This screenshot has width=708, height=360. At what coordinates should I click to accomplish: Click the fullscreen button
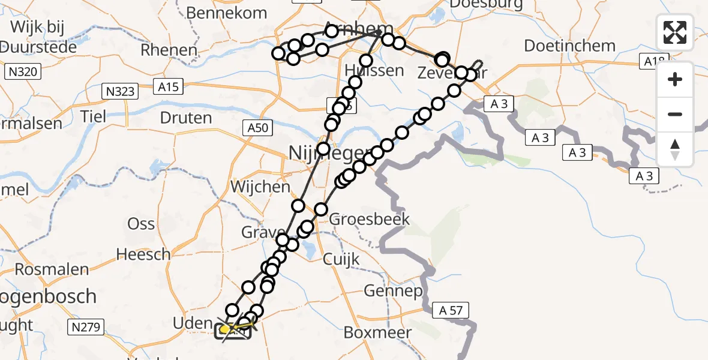pos(675,32)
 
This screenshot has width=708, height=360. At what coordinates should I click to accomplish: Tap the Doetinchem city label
pos(569,46)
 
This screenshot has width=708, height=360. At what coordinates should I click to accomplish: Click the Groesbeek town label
pos(370,218)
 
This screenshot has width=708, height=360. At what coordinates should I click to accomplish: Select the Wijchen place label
pos(260,187)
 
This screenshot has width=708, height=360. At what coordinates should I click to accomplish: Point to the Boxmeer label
pos(378,332)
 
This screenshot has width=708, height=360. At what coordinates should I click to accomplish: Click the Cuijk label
pos(341,259)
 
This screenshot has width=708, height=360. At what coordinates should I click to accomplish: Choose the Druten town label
pos(186,118)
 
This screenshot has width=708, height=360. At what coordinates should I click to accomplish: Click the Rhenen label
pos(169,50)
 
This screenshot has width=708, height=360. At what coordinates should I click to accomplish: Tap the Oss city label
pos(141,224)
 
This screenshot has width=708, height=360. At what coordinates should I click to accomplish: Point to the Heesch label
pos(143,254)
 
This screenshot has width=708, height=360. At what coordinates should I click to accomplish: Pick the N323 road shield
pos(120,91)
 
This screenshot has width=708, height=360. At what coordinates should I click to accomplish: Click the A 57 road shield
pos(450,310)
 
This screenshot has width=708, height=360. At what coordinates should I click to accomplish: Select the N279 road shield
pos(87,327)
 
